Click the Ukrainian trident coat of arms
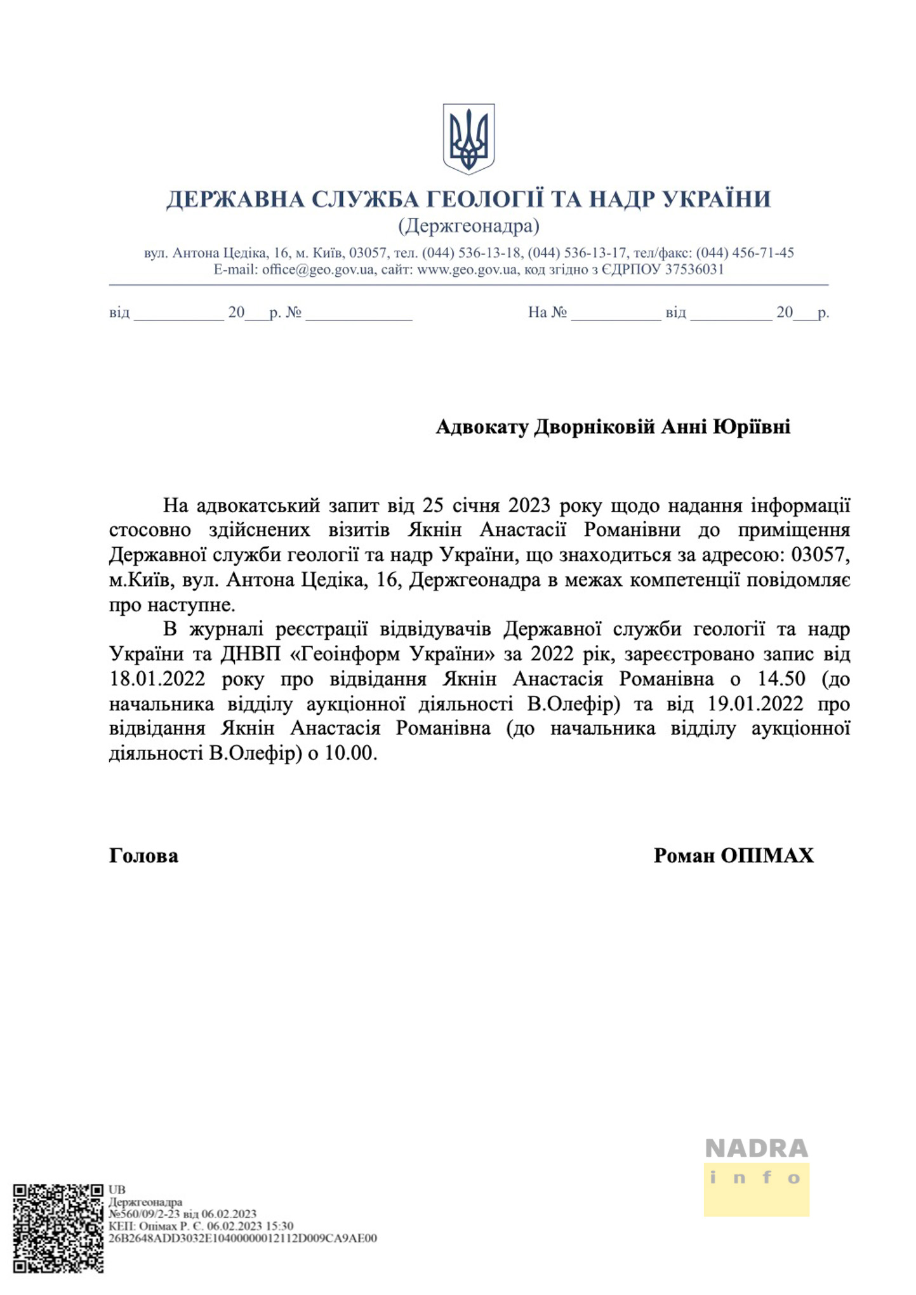pyautogui.click(x=468, y=139)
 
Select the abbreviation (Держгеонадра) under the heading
pyautogui.click(x=468, y=226)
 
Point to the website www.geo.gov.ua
pyautogui.click(x=467, y=269)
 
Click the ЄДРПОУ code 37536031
pyautogui.click(x=694, y=269)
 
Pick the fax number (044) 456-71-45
pyautogui.click(x=745, y=253)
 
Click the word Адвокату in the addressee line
pyautogui.click(x=482, y=427)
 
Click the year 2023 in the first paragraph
pyautogui.click(x=529, y=505)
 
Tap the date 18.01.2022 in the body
pyautogui.click(x=157, y=679)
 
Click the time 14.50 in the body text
pyautogui.click(x=781, y=679)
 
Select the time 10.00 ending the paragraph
pyautogui.click(x=351, y=754)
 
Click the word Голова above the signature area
pyautogui.click(x=144, y=856)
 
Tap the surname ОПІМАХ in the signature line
pyautogui.click(x=767, y=856)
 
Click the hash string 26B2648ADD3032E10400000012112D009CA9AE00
pyautogui.click(x=243, y=1238)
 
